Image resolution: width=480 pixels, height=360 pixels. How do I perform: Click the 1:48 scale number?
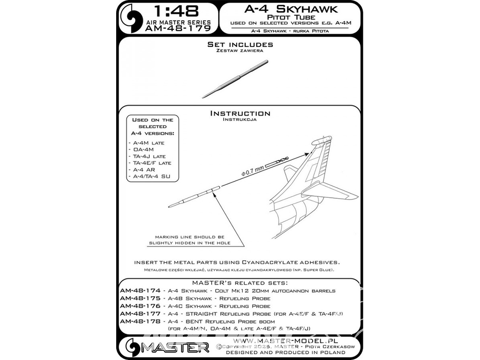coord(176,12)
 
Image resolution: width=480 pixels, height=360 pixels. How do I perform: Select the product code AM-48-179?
coord(178,28)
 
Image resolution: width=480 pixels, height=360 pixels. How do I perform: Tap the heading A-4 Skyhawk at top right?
coord(291,9)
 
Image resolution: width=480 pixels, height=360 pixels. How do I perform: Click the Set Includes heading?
coord(240,44)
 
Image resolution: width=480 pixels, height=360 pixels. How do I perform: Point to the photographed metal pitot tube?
coord(235,79)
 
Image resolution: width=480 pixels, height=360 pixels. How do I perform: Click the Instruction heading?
coord(240,113)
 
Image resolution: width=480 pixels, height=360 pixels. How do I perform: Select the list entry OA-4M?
coord(143,149)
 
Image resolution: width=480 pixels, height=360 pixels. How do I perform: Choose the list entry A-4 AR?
coord(144,169)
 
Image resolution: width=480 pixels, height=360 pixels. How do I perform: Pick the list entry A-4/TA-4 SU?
coord(152,176)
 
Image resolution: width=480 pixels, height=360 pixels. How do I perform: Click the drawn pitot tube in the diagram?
coord(194,196)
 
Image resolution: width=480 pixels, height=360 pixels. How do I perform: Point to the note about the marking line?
coord(190,240)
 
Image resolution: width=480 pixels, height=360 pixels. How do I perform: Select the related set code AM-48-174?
coord(140,290)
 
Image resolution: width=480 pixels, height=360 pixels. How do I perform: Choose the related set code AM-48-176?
coord(140,306)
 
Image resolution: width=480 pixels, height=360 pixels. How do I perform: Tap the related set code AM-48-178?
coord(140,321)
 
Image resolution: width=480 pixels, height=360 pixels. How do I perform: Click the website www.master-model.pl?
coord(285,341)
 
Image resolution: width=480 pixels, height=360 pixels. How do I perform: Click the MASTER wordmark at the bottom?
coord(176,348)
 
